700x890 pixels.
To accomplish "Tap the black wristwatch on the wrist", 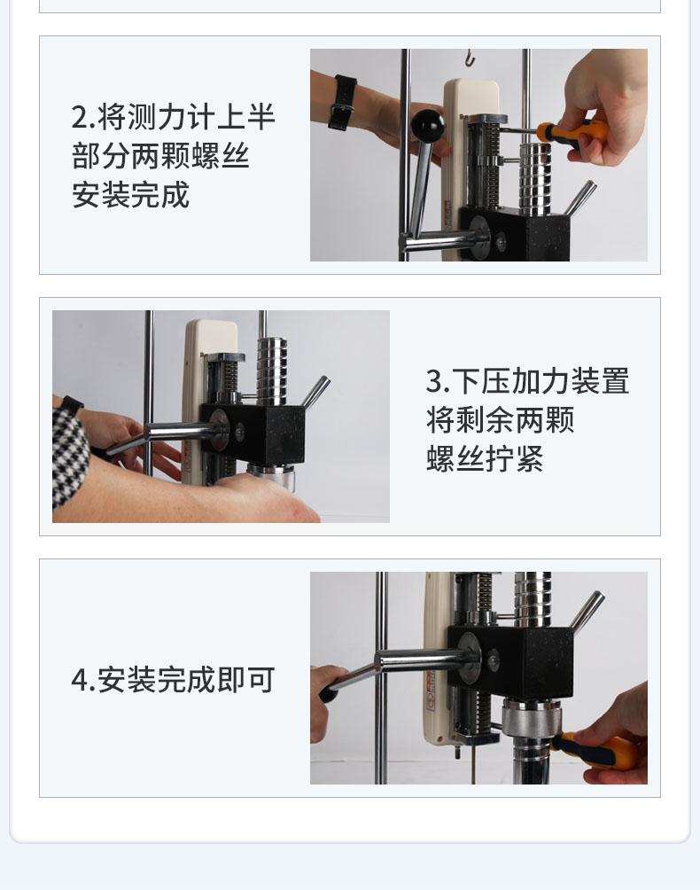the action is pos(342,103).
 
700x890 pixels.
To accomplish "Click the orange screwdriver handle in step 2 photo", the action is pos(573,135).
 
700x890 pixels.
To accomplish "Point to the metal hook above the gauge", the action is pos(470,58).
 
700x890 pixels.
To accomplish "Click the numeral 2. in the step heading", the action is pos(83,118).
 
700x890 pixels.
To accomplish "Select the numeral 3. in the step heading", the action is pos(438,381).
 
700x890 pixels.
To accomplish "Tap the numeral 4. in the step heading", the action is pos(83,679).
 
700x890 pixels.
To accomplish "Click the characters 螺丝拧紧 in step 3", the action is pos(485,458).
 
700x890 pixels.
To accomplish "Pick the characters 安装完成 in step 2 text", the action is pos(130,195).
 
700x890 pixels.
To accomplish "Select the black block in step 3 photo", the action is pos(256,433).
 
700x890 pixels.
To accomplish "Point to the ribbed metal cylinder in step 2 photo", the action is pos(535,179).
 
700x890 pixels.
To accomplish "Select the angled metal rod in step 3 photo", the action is pos(315,392).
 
